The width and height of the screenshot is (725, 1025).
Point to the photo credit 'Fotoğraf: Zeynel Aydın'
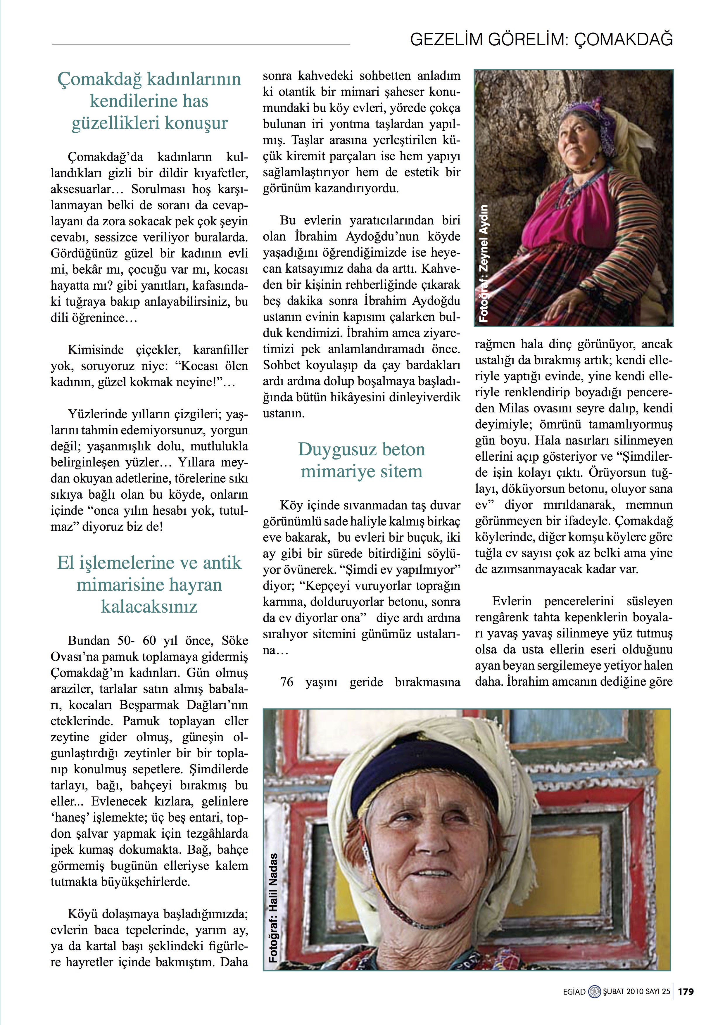pos(484,263)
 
